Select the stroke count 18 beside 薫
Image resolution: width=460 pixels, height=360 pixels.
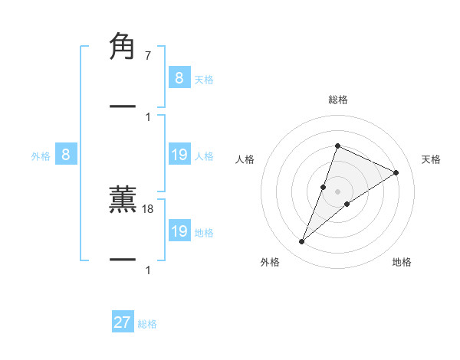tap(149, 208)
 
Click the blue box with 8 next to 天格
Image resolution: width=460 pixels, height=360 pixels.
tap(179, 78)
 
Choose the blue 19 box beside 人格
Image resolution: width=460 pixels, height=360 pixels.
tap(179, 155)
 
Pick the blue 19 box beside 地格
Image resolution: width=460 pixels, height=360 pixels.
tap(179, 231)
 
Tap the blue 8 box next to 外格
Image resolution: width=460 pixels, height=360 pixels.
tap(66, 155)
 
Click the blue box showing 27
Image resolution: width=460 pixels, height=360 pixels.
tap(123, 322)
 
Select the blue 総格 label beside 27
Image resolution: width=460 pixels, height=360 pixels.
tap(148, 324)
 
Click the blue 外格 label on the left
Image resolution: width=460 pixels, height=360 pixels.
tap(41, 156)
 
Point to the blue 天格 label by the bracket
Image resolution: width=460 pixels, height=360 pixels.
tap(204, 80)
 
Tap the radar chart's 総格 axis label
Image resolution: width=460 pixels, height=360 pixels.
tap(338, 100)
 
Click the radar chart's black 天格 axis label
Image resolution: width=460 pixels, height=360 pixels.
tap(431, 159)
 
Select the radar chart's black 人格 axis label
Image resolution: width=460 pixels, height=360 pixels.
tap(245, 159)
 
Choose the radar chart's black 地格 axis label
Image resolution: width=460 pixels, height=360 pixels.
tap(402, 263)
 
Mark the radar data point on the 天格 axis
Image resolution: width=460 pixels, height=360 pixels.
tap(396, 173)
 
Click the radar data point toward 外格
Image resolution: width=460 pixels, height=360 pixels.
tap(301, 242)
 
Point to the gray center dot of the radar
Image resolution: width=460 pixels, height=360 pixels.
tap(338, 191)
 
